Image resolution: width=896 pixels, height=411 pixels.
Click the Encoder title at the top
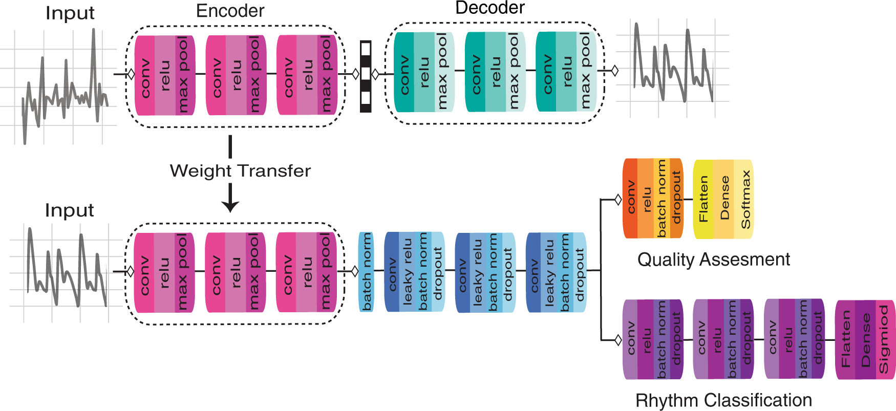coord(230,11)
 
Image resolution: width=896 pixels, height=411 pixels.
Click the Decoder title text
coord(490,8)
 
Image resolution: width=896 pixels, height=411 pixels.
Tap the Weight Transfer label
coord(240,171)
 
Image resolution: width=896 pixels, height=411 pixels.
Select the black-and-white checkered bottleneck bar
coord(366,76)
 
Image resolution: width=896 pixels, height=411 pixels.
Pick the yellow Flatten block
coord(703,199)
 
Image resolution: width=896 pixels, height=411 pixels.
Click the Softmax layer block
coord(745,199)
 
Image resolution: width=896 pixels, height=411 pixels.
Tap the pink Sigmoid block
coord(884,339)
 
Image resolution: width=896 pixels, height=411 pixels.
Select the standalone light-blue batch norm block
coord(366,272)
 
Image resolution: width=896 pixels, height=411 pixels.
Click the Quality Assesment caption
coord(713,259)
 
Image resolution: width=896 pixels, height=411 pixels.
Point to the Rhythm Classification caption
coord(723,400)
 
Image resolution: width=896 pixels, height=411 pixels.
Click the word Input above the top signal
coord(70,13)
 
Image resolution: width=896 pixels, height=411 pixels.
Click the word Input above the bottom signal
coord(69,210)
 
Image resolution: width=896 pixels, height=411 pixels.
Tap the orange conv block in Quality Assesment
coord(630,198)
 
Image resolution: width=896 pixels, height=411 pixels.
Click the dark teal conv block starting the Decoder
coord(404,73)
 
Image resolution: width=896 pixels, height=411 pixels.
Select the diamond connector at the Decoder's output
coord(615,71)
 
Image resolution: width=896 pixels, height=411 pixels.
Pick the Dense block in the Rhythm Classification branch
coord(865,339)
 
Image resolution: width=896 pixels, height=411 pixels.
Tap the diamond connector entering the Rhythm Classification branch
coord(618,339)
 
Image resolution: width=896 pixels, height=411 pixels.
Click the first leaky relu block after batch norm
coord(407,272)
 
